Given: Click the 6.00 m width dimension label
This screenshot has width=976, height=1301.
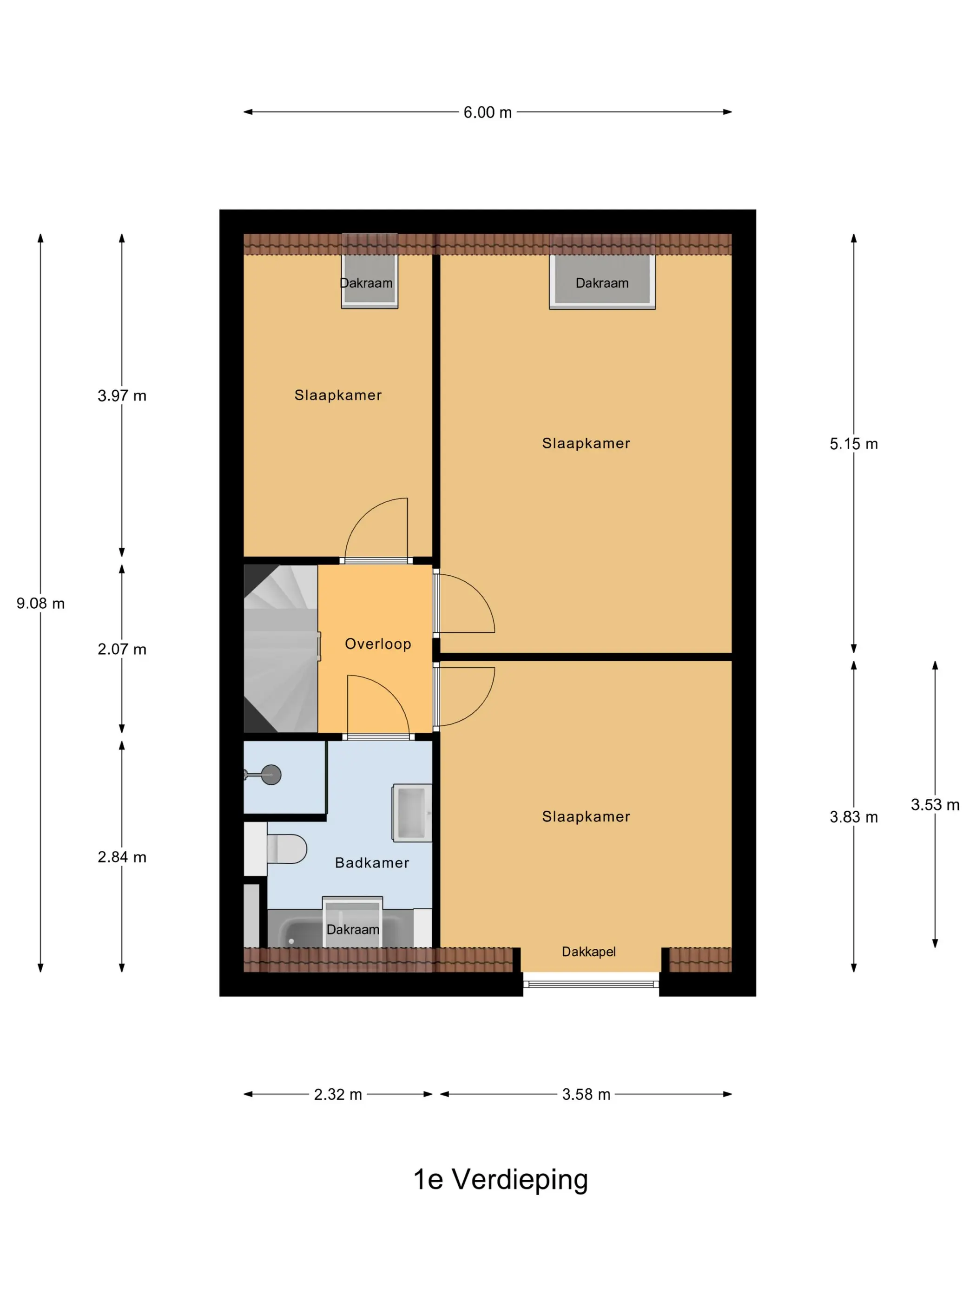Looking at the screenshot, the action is tap(487, 112).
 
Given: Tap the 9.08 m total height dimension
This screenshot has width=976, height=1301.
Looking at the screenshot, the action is tap(40, 604).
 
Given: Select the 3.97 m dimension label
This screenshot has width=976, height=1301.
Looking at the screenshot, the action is tap(122, 396).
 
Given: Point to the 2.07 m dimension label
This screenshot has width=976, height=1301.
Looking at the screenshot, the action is tap(122, 649).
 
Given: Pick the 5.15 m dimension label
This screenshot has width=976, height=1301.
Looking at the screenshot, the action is tap(854, 444).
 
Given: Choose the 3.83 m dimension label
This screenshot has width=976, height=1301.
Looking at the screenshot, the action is tap(854, 817).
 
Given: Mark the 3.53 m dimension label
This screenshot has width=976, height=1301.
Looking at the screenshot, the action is tap(935, 805).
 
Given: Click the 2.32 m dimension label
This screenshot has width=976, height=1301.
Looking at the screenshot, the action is tap(338, 1095).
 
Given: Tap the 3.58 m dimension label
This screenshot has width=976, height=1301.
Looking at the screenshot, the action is tap(586, 1095).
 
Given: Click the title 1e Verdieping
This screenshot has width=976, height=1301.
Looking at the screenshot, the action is tap(501, 1180).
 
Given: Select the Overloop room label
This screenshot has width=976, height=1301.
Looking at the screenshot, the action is tap(378, 644).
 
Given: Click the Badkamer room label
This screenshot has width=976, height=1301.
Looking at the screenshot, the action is tap(372, 863).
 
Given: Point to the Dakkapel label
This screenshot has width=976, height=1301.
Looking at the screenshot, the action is tap(589, 952).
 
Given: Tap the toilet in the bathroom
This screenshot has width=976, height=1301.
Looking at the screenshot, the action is tap(286, 849).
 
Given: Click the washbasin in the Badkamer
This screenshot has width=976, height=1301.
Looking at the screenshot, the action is tap(412, 812).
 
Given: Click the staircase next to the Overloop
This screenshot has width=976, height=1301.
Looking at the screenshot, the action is tap(281, 649).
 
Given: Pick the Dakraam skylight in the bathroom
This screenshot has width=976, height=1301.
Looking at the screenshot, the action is tap(352, 922).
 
